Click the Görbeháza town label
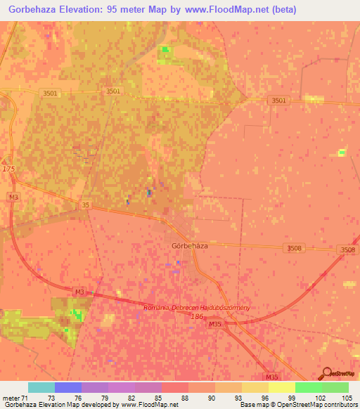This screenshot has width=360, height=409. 189,246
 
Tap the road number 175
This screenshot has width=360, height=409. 8,169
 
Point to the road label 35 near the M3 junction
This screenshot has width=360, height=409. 86,204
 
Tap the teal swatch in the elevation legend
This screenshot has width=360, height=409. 41,387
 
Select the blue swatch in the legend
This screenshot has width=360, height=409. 68,387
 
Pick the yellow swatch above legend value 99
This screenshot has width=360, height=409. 281,387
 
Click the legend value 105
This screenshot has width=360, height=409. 348,397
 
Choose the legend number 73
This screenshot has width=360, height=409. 52,397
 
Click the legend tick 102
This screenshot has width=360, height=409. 321,397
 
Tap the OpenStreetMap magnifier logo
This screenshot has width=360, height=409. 327,372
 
